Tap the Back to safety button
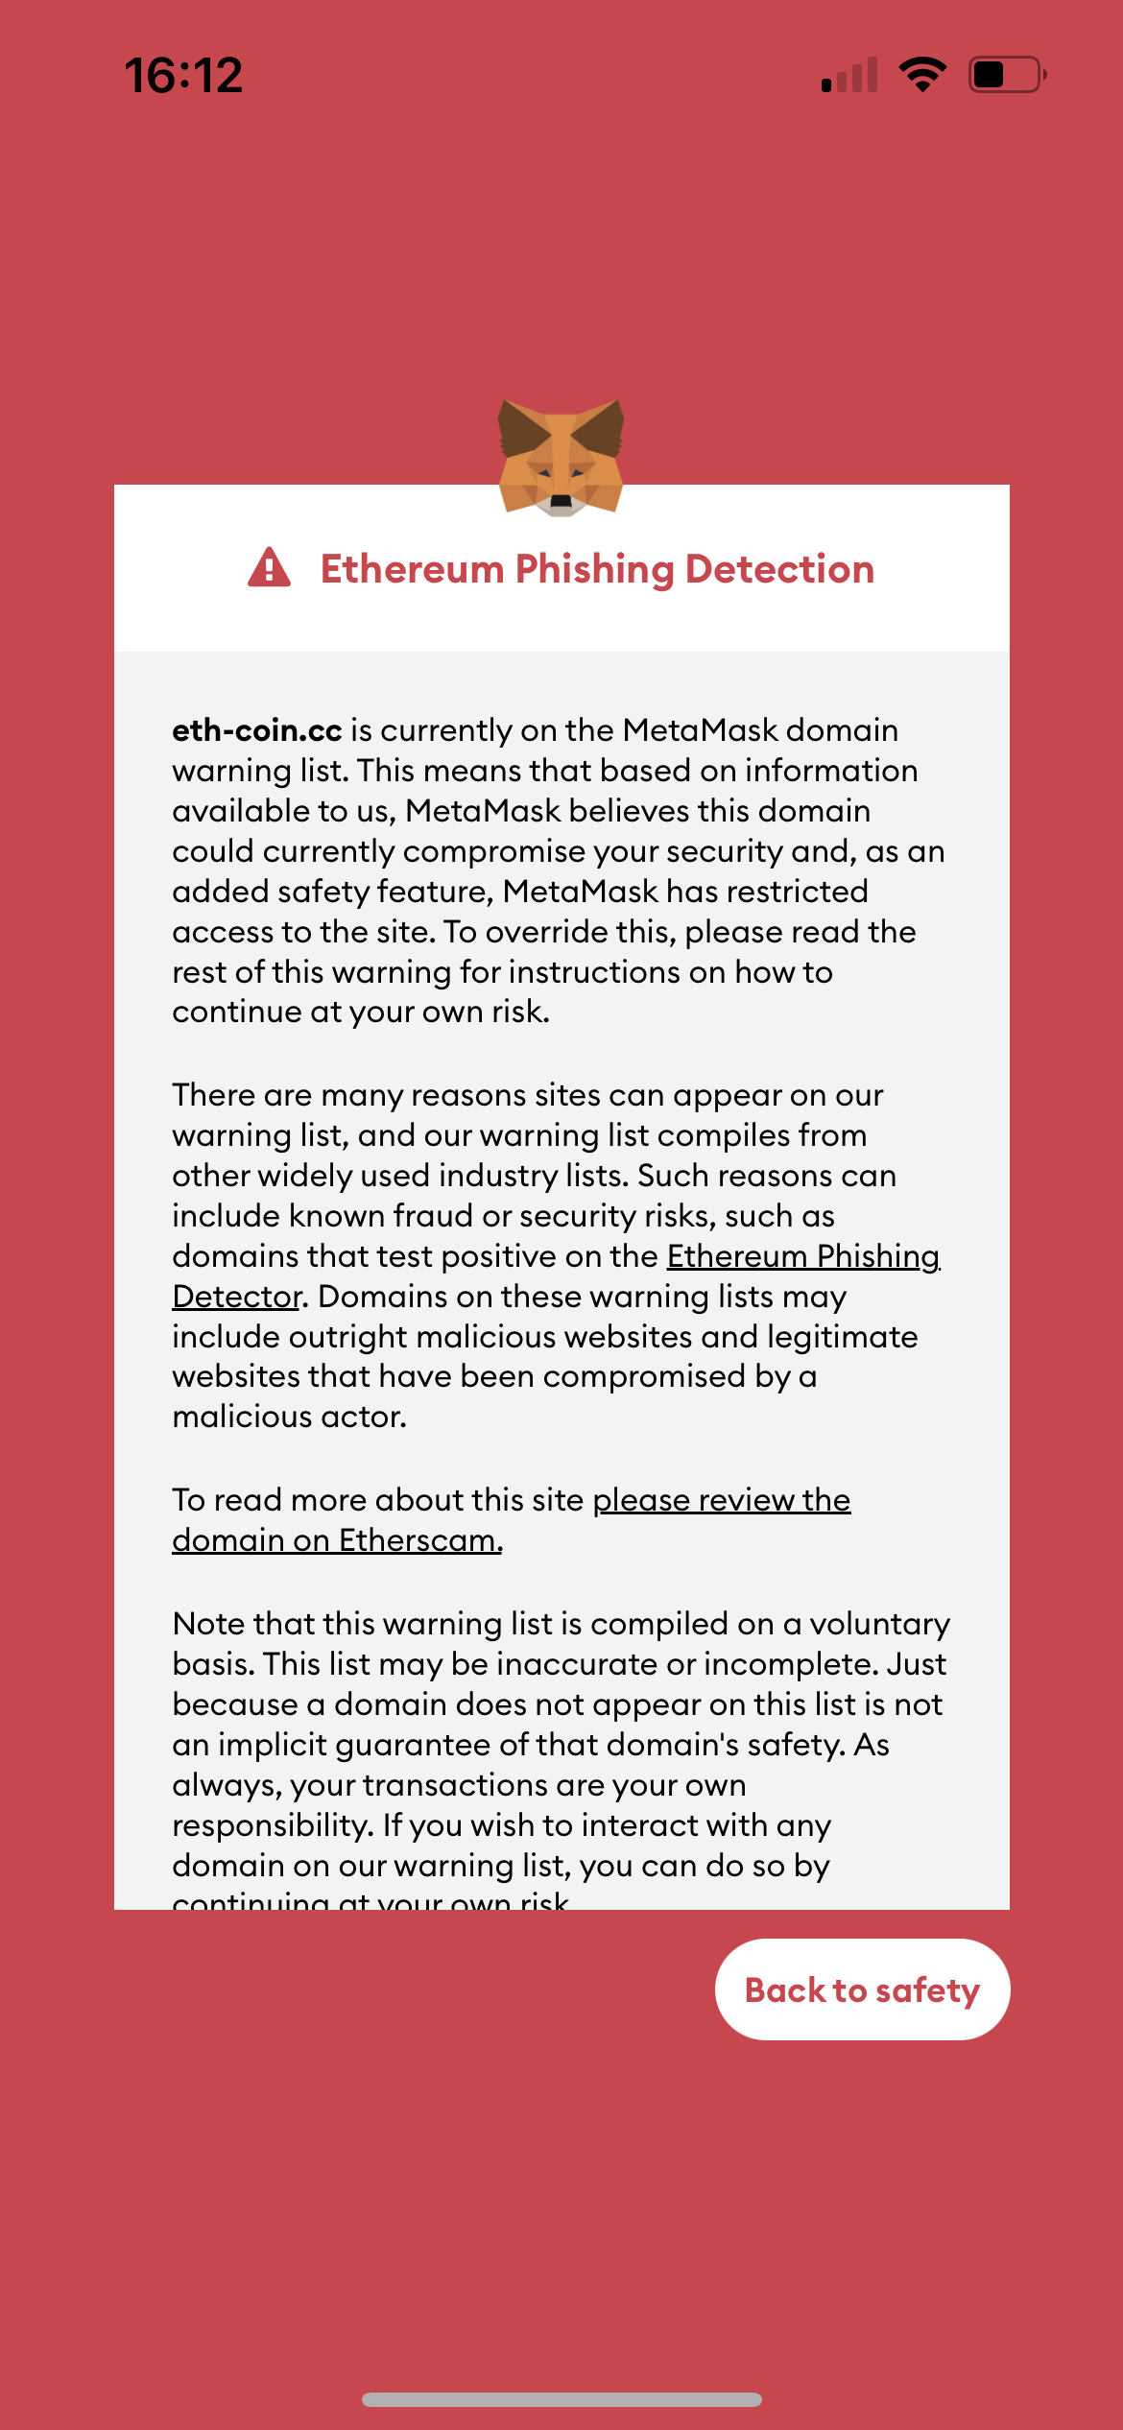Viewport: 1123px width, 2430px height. (x=862, y=1989)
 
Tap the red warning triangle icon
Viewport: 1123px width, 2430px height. (x=269, y=568)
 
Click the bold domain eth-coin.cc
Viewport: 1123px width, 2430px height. (x=256, y=730)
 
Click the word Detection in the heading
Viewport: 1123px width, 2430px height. (x=779, y=569)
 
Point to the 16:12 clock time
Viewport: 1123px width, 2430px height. (x=183, y=75)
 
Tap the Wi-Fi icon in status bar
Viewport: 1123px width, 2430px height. (x=922, y=74)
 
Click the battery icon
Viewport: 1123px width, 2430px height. (x=1006, y=74)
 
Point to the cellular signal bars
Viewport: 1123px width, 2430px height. (x=849, y=76)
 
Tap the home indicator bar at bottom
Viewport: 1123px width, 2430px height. (x=561, y=2399)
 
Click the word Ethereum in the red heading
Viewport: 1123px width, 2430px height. (x=412, y=569)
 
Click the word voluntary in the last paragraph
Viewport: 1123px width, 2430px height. (x=879, y=1624)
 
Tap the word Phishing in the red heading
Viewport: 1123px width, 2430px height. (x=594, y=569)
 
